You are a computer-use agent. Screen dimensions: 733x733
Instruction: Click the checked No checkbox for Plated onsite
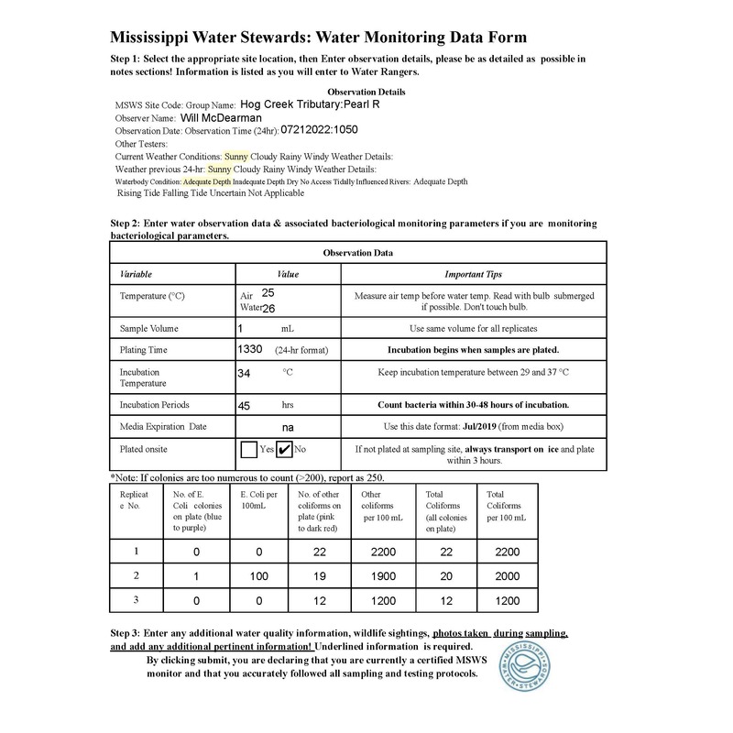tap(285, 450)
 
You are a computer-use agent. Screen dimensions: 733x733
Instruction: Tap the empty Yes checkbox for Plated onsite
tap(248, 450)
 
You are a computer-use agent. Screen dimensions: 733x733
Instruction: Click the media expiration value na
tap(287, 426)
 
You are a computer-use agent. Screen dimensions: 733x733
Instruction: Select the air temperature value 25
tap(268, 292)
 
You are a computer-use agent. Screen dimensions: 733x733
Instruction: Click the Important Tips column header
tap(472, 273)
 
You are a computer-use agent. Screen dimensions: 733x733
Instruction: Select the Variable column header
tap(137, 273)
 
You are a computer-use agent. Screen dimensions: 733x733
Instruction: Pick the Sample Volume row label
tap(149, 327)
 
